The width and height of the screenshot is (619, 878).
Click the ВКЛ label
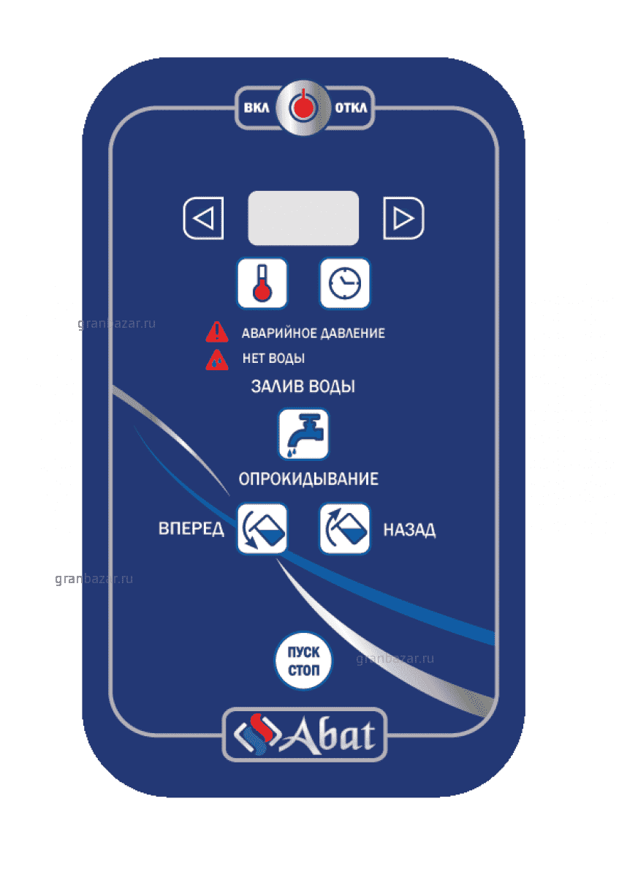[257, 108]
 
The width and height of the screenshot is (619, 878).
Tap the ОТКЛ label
[351, 108]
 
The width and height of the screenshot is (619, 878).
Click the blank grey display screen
[303, 218]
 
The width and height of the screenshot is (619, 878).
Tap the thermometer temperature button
[262, 283]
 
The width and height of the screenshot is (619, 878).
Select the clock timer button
[344, 283]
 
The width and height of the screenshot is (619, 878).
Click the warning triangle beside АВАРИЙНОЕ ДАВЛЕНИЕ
[217, 332]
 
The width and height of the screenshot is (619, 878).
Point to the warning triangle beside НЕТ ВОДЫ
[217, 360]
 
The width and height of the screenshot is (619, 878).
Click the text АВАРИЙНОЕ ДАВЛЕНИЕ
[314, 333]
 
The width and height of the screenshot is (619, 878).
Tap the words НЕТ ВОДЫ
[273, 359]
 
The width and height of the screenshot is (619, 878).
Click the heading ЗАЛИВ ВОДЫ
[303, 386]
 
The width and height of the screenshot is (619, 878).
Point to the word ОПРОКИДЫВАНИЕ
[308, 479]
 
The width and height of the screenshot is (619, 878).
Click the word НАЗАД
[409, 530]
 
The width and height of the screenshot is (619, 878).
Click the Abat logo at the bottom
[305, 735]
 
